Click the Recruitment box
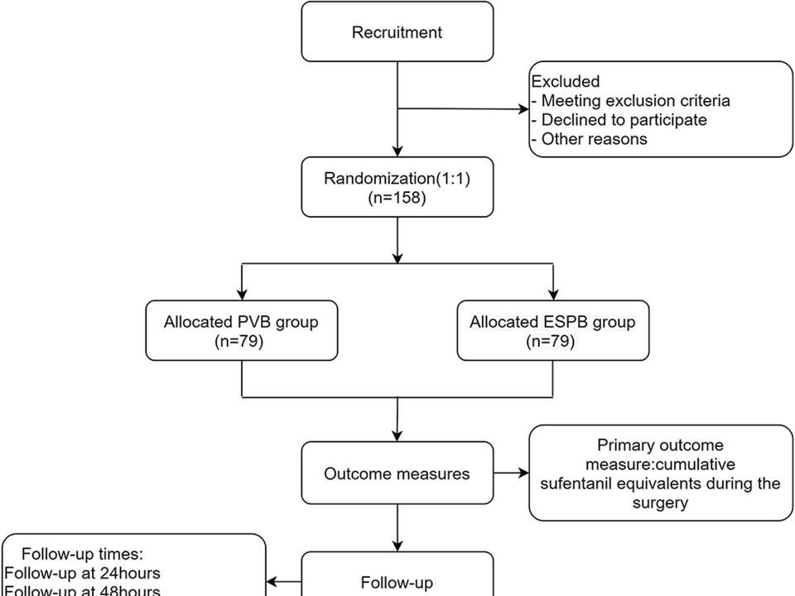397,32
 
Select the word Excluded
566,82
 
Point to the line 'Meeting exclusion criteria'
635,101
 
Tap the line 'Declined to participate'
624,120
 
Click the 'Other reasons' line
594,139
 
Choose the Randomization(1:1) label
397,179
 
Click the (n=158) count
397,198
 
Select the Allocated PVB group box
242,330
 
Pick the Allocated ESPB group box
552,330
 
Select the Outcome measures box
397,474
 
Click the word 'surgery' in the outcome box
660,502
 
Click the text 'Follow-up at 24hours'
83,573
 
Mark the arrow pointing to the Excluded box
523,108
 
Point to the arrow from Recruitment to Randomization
397,149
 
